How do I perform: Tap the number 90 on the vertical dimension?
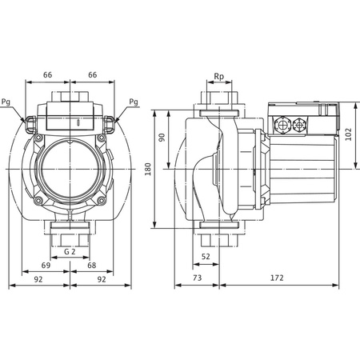pos(163,138)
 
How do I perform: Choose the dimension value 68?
pos(92,265)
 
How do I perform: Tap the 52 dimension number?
pos(206,257)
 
